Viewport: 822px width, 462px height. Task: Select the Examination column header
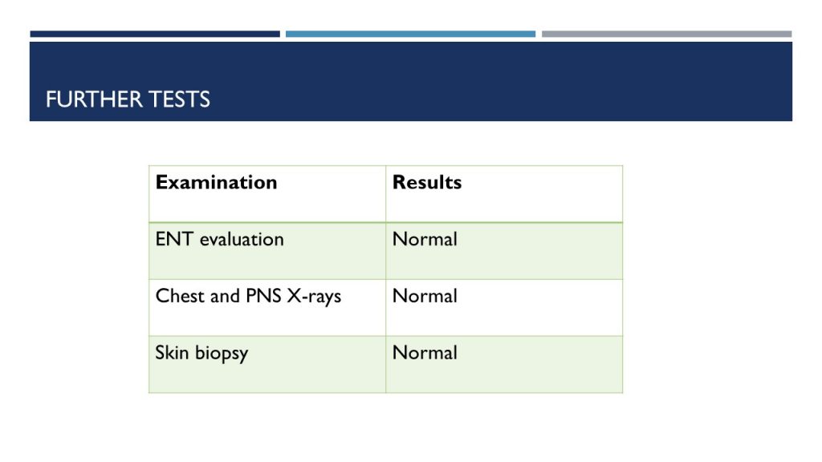click(216, 182)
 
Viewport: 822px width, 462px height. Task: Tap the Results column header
click(427, 182)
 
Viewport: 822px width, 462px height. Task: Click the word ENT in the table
click(174, 239)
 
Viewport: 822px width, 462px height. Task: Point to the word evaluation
click(242, 239)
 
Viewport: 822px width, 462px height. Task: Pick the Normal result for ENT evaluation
click(425, 239)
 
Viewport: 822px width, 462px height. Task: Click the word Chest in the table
click(180, 296)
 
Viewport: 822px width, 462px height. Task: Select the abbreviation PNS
click(263, 296)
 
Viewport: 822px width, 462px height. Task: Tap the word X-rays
click(314, 297)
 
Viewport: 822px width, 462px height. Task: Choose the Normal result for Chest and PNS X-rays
click(425, 296)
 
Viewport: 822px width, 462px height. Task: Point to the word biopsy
click(222, 354)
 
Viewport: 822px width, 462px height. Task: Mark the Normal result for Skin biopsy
click(425, 353)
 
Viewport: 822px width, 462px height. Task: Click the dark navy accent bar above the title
click(155, 34)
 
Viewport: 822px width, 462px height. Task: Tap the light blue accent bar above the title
click(410, 34)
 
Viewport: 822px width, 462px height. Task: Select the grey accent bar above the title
click(667, 34)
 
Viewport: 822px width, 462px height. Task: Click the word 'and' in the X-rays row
click(225, 296)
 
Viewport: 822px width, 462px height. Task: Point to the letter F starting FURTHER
click(51, 99)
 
